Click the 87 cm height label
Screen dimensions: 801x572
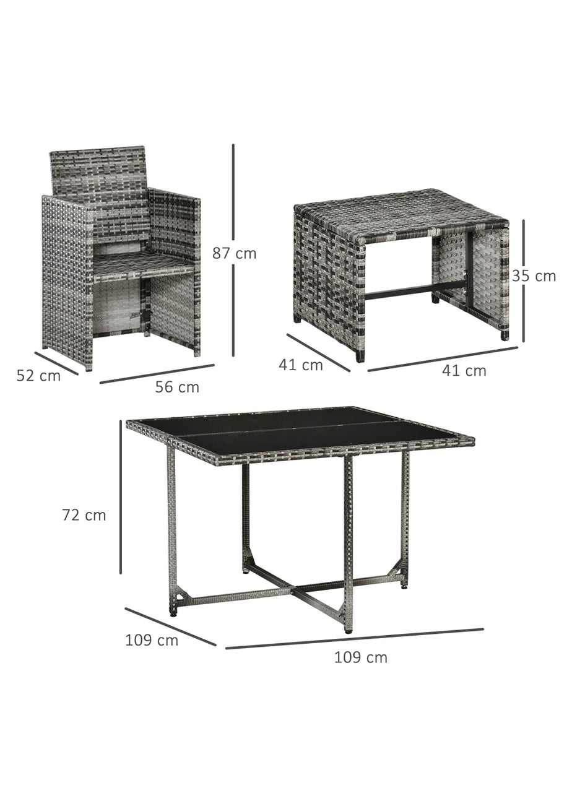point(234,253)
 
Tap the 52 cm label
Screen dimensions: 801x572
point(38,376)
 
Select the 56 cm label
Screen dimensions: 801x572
point(177,388)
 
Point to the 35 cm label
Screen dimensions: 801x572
point(534,276)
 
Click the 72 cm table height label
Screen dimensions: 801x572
point(84,515)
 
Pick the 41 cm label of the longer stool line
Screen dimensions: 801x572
point(464,371)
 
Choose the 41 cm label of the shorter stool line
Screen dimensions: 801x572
point(301,365)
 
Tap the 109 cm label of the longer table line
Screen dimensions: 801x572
point(361,657)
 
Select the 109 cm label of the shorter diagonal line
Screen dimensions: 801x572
point(152,640)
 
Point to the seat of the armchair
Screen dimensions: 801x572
point(142,265)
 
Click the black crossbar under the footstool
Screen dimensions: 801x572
point(415,290)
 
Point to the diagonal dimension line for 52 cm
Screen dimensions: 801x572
point(56,363)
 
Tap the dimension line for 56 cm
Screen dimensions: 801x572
point(157,374)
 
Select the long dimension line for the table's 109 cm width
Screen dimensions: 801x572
point(354,639)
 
